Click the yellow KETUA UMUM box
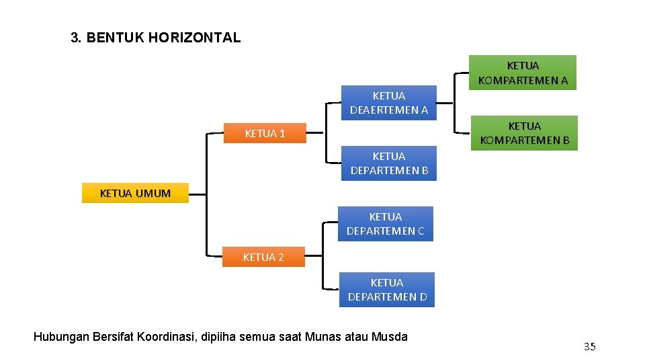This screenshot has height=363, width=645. point(135,193)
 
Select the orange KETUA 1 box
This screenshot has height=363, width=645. point(265,134)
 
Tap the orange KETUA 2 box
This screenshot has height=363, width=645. point(263,257)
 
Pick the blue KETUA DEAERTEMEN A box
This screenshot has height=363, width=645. point(388,103)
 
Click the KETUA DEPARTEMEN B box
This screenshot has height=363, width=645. point(389,163)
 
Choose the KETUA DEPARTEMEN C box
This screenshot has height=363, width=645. point(385,224)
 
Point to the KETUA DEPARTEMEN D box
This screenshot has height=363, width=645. point(387,290)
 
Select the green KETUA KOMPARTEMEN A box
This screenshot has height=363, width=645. point(523,73)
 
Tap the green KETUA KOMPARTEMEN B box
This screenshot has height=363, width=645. point(524,133)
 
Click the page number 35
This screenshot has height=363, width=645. point(589,347)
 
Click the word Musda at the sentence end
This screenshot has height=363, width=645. point(390,336)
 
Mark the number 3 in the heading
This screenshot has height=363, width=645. point(75,38)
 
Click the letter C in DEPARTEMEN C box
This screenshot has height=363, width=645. point(421,231)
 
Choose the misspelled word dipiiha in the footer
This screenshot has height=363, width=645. point(219,336)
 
